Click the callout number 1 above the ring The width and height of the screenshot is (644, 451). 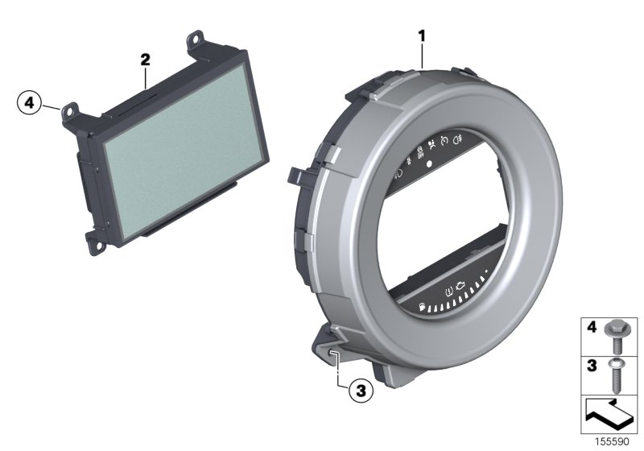pyautogui.click(x=420, y=35)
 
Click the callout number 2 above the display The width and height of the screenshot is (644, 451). pyautogui.click(x=144, y=59)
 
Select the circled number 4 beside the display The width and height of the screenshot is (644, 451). pyautogui.click(x=28, y=103)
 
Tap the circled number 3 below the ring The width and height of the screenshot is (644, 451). pyautogui.click(x=361, y=391)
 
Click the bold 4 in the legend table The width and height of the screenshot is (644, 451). pyautogui.click(x=590, y=329)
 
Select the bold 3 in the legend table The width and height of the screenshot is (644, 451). pyautogui.click(x=590, y=364)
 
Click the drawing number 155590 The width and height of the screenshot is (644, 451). pyautogui.click(x=612, y=442)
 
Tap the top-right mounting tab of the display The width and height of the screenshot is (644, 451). pyautogui.click(x=196, y=38)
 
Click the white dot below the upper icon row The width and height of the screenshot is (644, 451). pyautogui.click(x=429, y=163)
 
